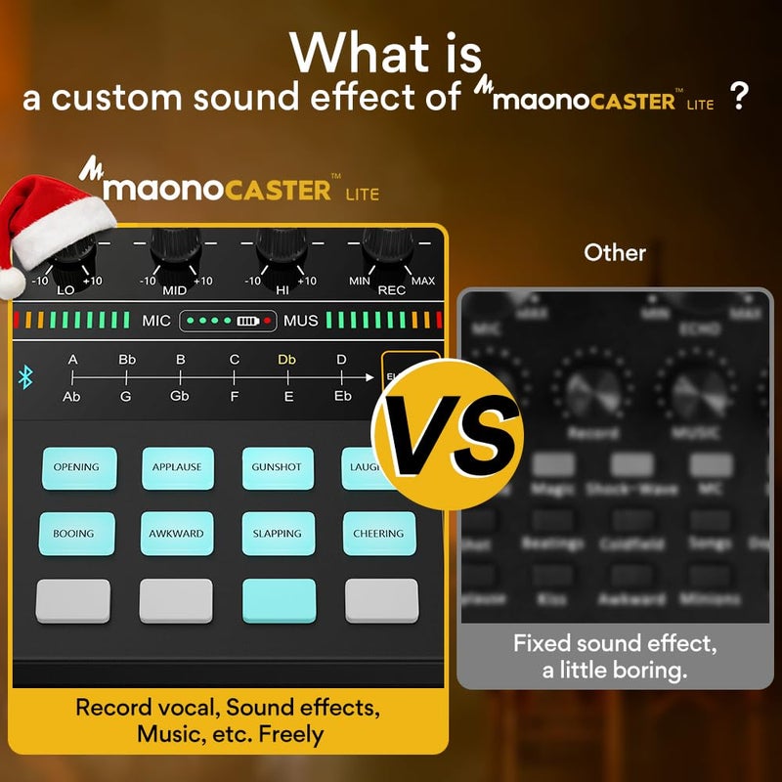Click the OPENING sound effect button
[76, 467]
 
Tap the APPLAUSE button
[177, 467]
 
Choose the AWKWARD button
[177, 534]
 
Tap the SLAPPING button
[279, 534]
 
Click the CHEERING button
[379, 534]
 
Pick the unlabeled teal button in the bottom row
[279, 600]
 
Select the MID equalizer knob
[175, 251]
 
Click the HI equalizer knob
[280, 251]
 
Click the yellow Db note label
[286, 360]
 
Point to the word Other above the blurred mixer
[615, 252]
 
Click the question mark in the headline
[740, 97]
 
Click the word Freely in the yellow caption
[289, 733]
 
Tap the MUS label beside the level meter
[301, 321]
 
